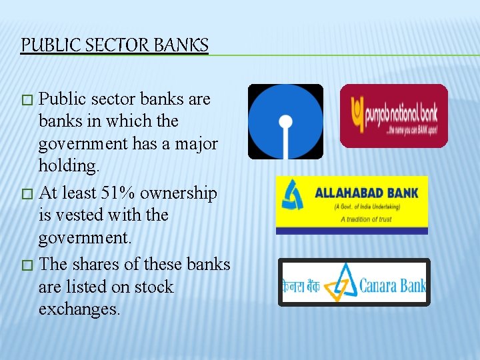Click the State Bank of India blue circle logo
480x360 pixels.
point(285,121)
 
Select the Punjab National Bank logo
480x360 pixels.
point(393,115)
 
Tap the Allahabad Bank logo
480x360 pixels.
point(352,205)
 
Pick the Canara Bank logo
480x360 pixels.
point(354,282)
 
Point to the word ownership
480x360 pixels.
point(179,193)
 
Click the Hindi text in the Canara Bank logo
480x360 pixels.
point(301,286)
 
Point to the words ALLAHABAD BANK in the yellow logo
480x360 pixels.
point(366,193)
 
